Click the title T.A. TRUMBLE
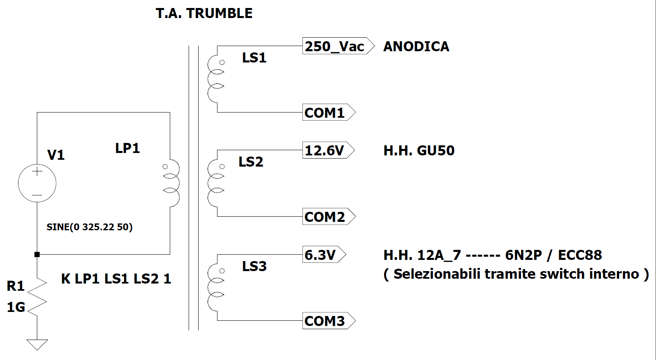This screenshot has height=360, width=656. [x=204, y=13]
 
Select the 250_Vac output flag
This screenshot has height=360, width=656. [x=338, y=46]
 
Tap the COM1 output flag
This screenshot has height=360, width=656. [x=328, y=113]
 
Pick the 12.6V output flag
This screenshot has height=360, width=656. [x=328, y=151]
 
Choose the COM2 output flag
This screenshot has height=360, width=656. [x=328, y=217]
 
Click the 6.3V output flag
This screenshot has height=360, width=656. [x=323, y=255]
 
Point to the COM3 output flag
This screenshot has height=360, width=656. [x=328, y=321]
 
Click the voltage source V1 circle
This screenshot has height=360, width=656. [x=37, y=183]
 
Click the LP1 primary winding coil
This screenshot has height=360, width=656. [x=172, y=183]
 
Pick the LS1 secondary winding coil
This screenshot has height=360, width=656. [x=215, y=79]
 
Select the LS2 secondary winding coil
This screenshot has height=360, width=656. [x=215, y=183]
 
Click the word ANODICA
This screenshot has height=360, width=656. [x=416, y=46]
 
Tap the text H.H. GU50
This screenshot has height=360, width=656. [x=419, y=151]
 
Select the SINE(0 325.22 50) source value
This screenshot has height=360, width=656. [x=89, y=227]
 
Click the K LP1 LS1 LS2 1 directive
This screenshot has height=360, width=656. [x=116, y=279]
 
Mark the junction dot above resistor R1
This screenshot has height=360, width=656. [x=37, y=254]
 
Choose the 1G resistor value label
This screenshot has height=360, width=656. [x=16, y=307]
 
